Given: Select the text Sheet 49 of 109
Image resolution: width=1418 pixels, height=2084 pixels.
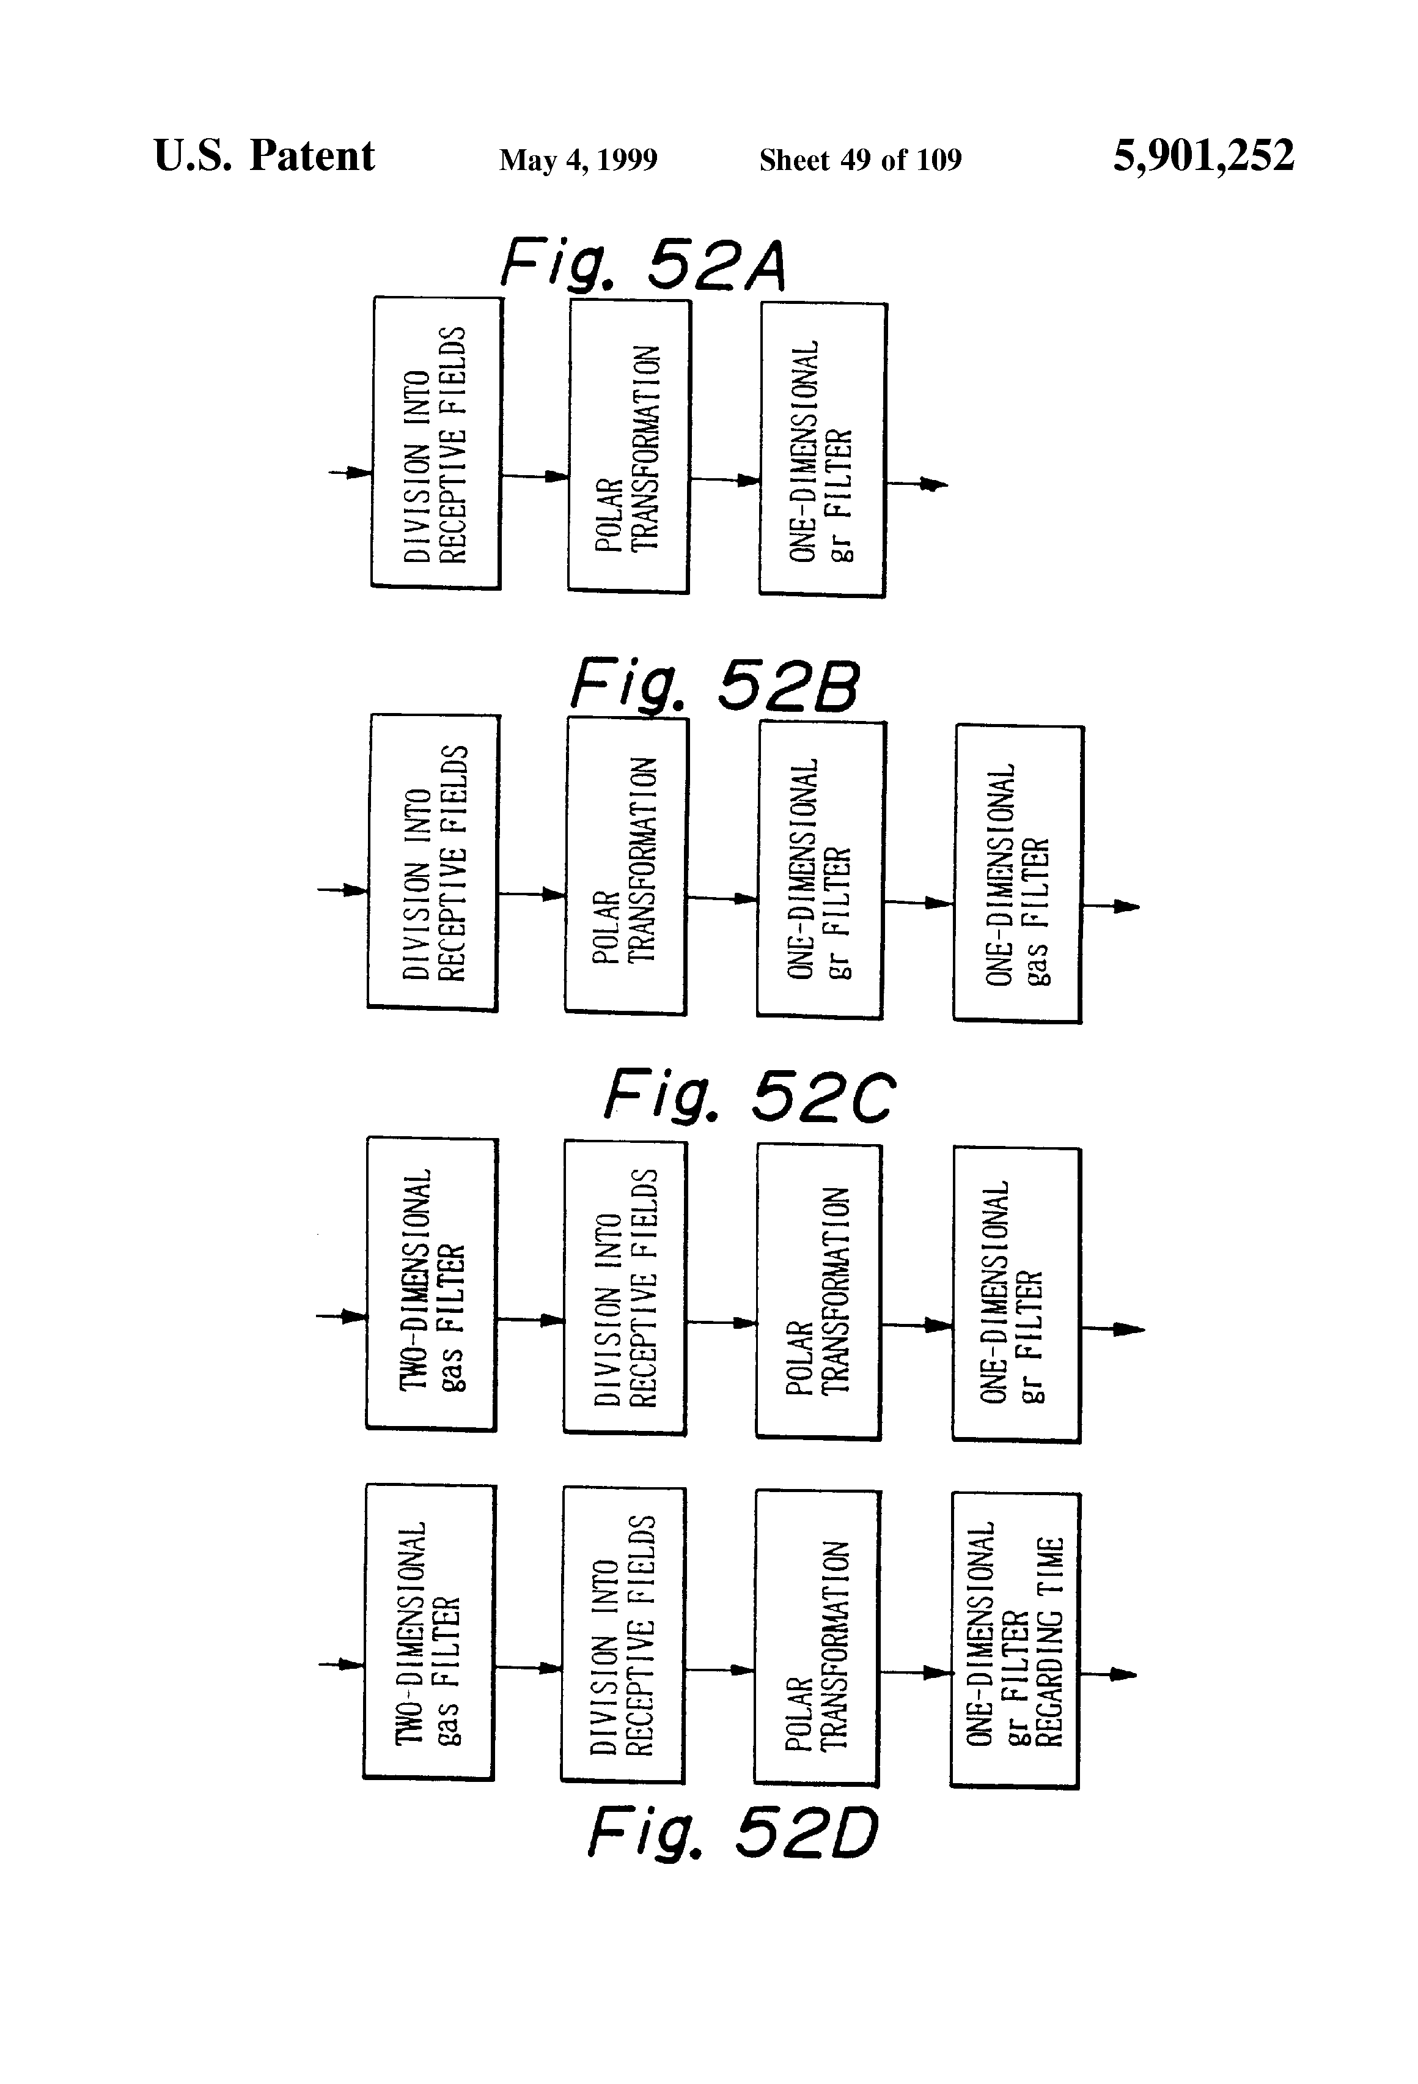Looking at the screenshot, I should tap(859, 160).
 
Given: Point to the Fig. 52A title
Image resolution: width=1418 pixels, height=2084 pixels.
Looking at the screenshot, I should tap(642, 265).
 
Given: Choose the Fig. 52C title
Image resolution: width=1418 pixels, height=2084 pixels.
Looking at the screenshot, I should tap(749, 1096).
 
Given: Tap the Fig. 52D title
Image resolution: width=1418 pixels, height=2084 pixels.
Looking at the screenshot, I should tap(732, 1834).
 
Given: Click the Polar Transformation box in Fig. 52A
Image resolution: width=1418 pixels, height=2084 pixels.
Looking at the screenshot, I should tap(628, 446).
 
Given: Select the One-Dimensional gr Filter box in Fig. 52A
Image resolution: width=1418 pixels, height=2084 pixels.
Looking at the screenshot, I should tap(823, 449).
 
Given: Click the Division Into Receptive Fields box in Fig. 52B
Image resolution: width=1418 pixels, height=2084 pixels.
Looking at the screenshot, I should tap(433, 863).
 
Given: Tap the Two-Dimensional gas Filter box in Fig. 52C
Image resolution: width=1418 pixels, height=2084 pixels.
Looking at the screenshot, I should tap(431, 1284).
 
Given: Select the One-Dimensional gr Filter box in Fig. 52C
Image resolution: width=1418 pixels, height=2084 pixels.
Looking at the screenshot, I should tap(1016, 1294).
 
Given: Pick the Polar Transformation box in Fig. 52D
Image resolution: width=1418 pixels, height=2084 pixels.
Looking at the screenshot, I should tap(817, 1638).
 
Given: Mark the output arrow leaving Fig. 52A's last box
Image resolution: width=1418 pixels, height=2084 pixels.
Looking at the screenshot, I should tap(918, 484).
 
